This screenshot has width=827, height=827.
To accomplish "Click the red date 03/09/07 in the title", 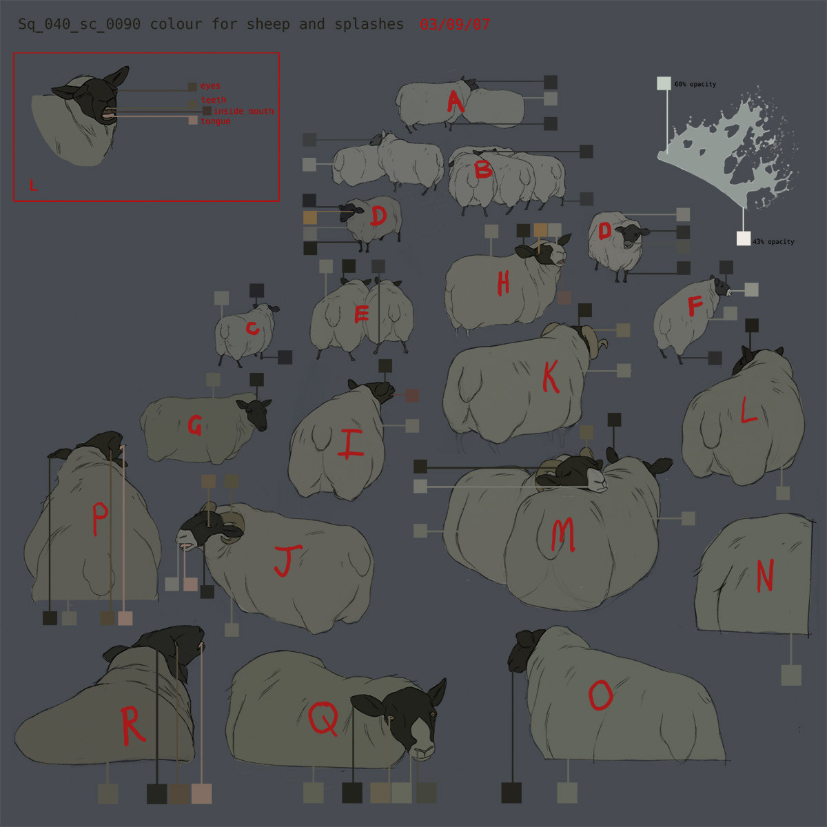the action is [x=454, y=24].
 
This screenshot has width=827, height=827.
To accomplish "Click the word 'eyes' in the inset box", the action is [x=210, y=86].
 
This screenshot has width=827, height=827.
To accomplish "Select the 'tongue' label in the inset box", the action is [x=216, y=121].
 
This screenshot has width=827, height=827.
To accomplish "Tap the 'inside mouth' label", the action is [x=244, y=111].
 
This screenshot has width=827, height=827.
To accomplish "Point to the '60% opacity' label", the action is [x=695, y=84].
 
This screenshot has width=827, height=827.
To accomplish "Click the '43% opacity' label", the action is [x=773, y=242].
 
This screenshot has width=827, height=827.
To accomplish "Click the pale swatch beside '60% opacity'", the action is [x=664, y=83].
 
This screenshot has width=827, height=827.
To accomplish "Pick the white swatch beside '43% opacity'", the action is [x=744, y=238].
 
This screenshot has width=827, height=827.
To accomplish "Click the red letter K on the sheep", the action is [x=551, y=376].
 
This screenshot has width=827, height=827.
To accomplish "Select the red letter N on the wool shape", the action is [x=765, y=575].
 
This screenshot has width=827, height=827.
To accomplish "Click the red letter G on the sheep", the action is [x=195, y=425].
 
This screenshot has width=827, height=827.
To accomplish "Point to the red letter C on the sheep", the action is [x=252, y=328].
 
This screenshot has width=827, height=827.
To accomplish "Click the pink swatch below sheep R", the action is [x=202, y=793].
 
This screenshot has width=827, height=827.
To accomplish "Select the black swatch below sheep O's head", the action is [x=511, y=793].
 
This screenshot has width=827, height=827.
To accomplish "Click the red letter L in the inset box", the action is [x=34, y=185].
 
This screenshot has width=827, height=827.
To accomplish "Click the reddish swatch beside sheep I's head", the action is [x=412, y=396].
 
